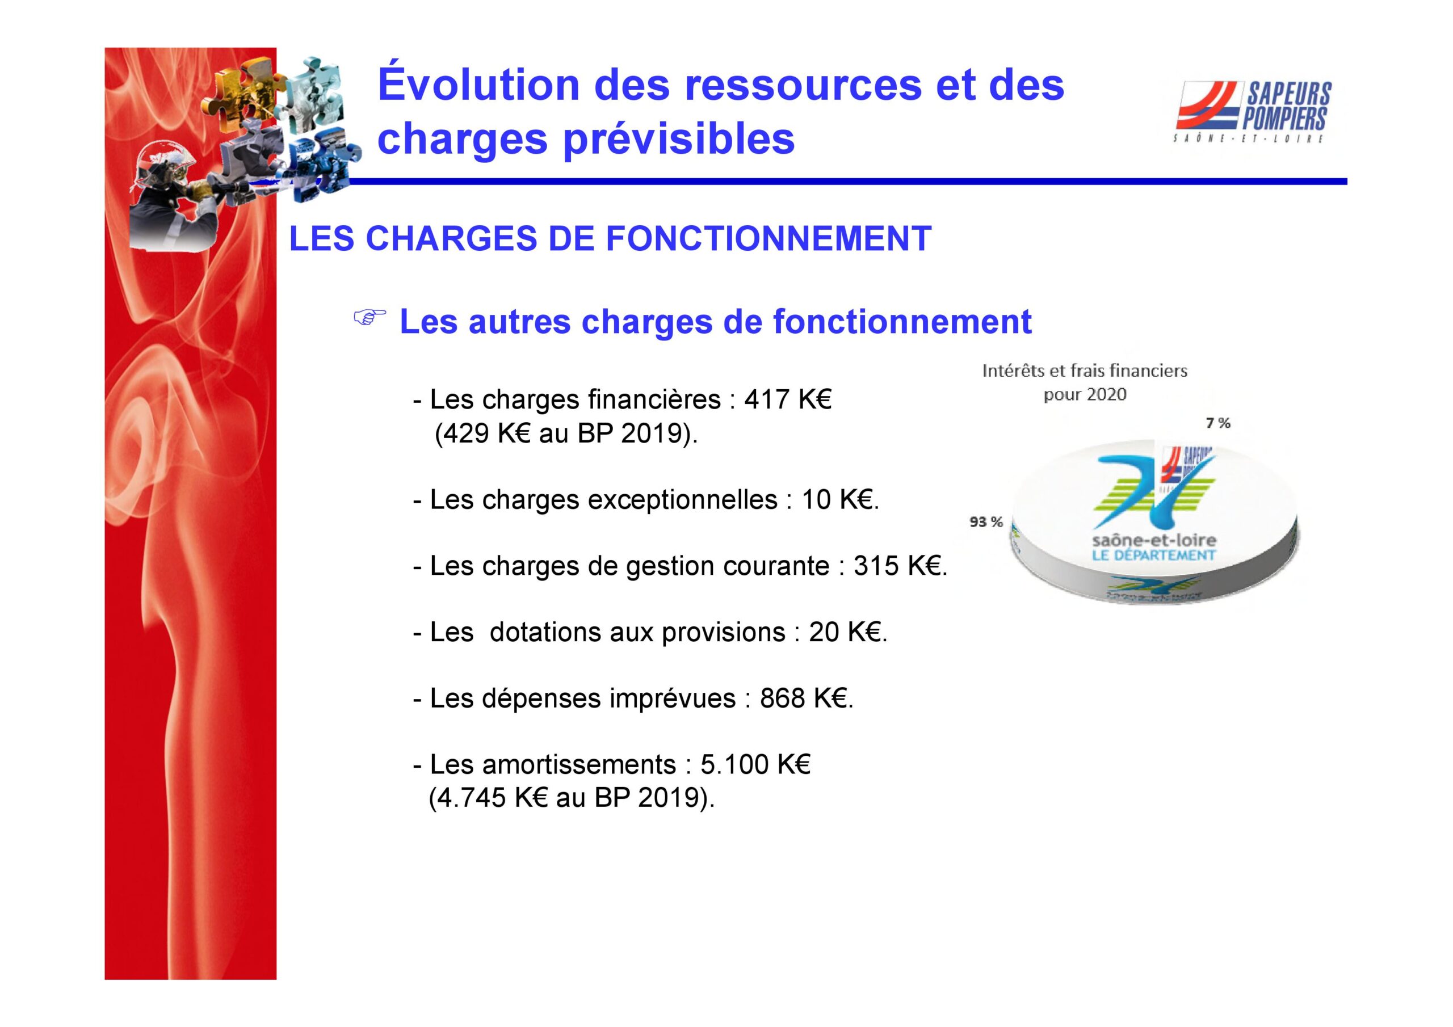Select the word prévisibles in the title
(x=678, y=140)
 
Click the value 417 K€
(x=787, y=399)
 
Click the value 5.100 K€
(x=755, y=764)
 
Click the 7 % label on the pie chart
(x=1218, y=423)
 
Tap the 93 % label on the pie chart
(x=986, y=522)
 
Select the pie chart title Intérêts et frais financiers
(x=1085, y=371)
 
